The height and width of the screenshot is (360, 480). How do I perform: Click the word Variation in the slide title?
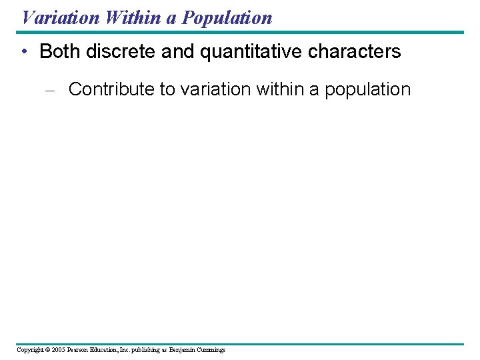(60, 17)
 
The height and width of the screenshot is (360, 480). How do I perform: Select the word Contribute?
(111, 89)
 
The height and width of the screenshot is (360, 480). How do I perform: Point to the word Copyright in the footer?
(31, 350)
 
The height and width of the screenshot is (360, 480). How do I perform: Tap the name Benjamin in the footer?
(183, 350)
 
